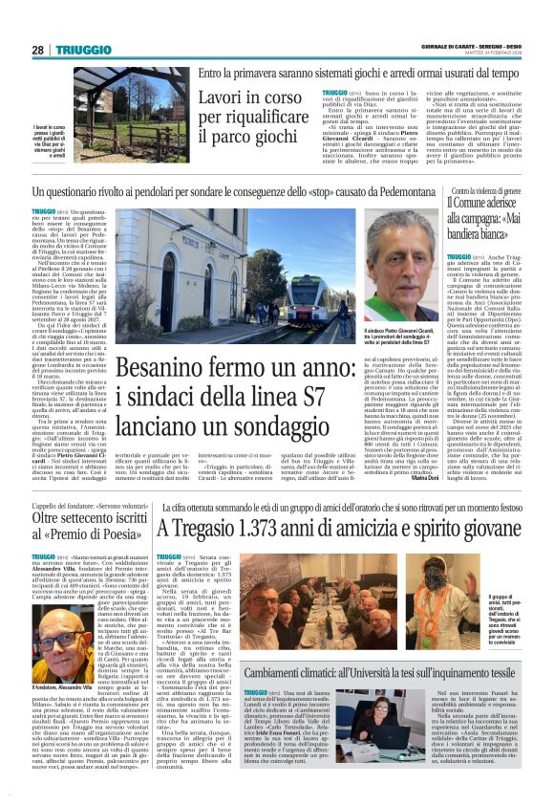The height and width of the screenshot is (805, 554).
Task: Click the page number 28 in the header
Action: [x=38, y=50]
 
